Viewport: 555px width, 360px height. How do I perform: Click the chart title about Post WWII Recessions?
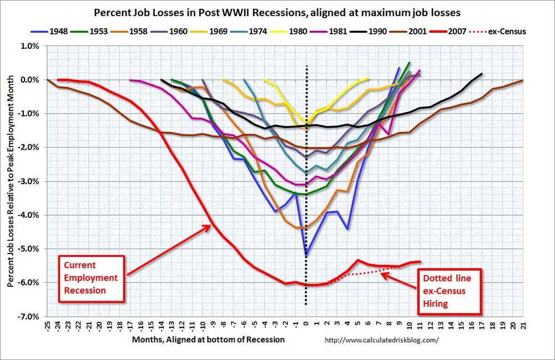click(277, 12)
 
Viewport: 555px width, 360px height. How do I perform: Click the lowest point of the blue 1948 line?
click(306, 255)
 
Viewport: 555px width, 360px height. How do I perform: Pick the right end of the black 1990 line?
click(482, 74)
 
